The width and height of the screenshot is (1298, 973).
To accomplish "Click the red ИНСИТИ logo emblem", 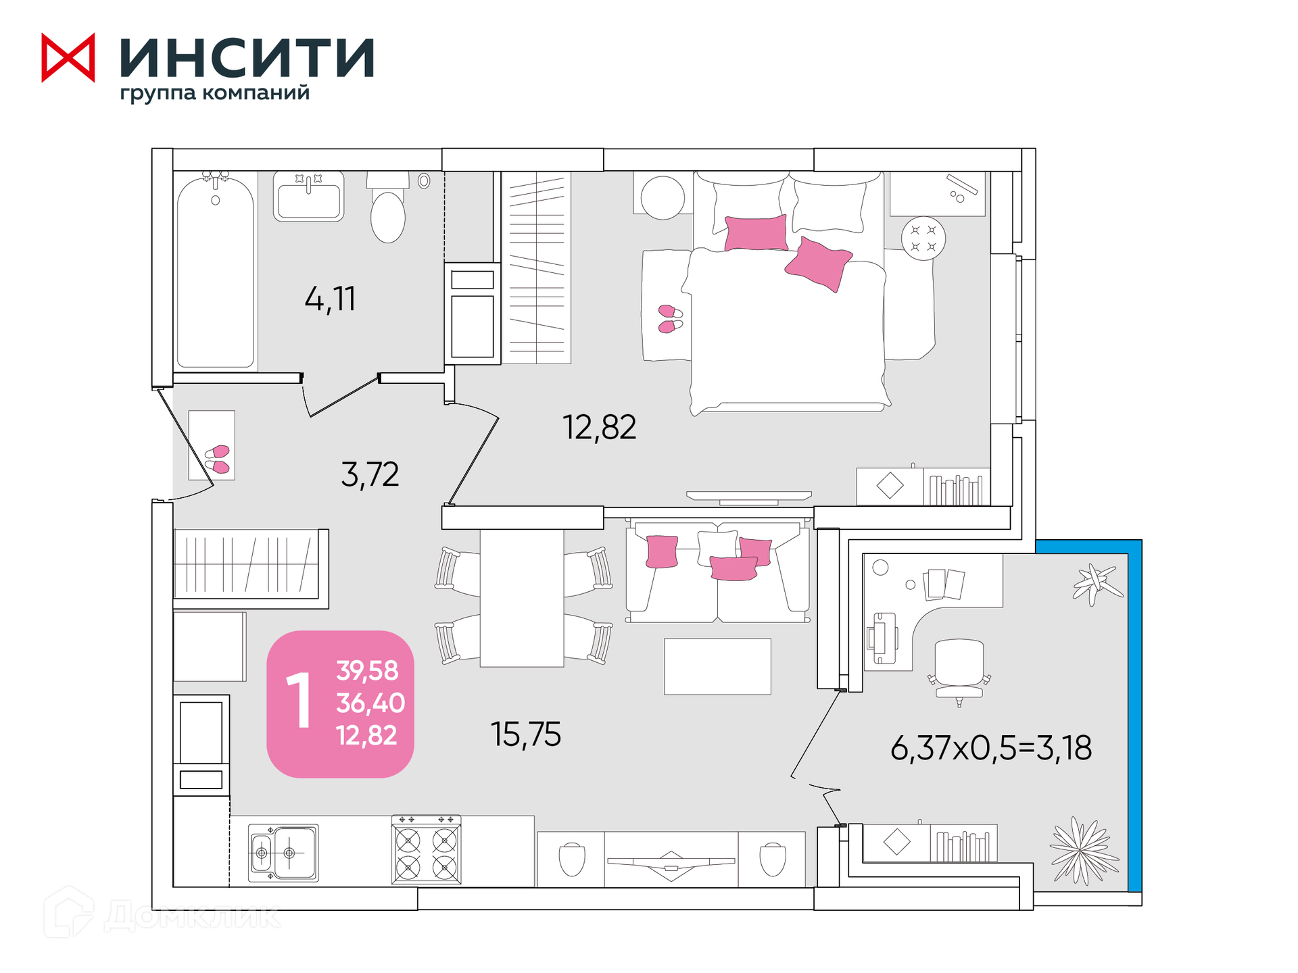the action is click(68, 57).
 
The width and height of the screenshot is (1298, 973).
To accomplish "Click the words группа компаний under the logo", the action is click(215, 93).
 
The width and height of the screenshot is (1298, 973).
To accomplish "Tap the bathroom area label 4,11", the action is click(330, 299).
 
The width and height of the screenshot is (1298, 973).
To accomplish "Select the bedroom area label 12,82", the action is click(600, 427).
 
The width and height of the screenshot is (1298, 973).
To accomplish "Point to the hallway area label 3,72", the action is click(370, 474).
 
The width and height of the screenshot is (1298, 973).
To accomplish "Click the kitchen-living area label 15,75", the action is click(526, 734).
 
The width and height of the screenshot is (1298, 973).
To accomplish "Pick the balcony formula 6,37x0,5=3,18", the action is click(991, 748).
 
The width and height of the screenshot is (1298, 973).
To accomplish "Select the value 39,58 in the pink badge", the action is click(368, 670).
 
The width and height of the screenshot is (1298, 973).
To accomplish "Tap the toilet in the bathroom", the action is click(388, 207).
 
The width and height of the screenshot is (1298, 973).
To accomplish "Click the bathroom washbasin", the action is click(308, 197).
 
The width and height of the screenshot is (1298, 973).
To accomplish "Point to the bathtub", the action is click(215, 270).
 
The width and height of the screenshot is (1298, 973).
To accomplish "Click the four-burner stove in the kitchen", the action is click(427, 850).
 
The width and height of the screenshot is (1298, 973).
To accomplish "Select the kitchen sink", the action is click(283, 853).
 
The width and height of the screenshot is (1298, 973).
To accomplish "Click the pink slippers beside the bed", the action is click(671, 319).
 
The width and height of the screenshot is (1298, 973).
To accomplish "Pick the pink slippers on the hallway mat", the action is click(218, 459).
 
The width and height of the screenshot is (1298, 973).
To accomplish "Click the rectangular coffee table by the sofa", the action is click(717, 666).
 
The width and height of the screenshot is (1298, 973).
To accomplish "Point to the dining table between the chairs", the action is click(522, 598).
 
